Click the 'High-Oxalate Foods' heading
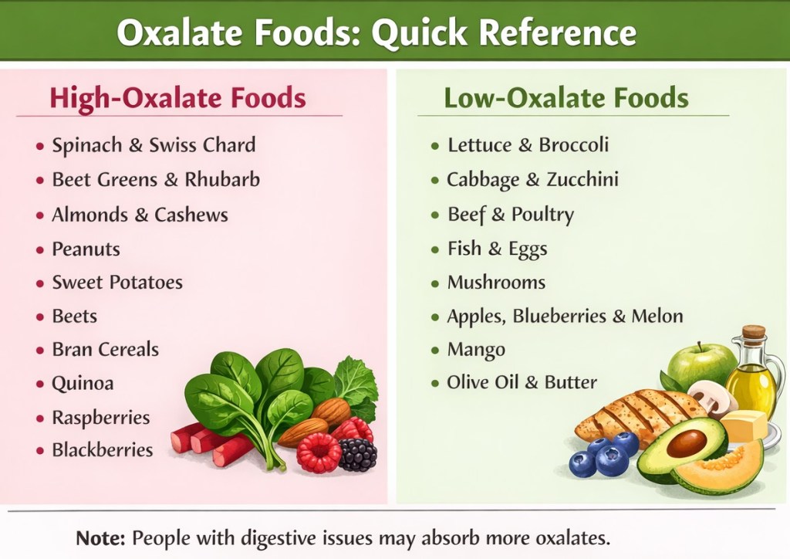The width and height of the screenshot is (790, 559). click(177, 98)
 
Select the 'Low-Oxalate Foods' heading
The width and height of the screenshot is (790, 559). click(565, 98)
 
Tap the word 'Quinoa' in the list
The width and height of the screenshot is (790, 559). click(83, 384)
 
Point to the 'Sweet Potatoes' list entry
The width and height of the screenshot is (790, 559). click(117, 283)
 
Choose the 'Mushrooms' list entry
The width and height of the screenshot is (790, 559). click(496, 283)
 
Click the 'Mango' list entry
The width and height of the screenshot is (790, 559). click(476, 351)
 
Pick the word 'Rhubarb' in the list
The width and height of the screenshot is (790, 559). click(222, 179)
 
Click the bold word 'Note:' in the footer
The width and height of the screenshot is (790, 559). click(100, 538)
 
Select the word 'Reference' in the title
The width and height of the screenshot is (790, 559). click(557, 32)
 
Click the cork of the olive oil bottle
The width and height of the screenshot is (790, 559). click(754, 332)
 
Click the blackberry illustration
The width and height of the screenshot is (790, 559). click(358, 454)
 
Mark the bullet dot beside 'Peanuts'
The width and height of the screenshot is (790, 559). click(40, 249)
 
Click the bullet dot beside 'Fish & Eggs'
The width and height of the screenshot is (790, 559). click(435, 249)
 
